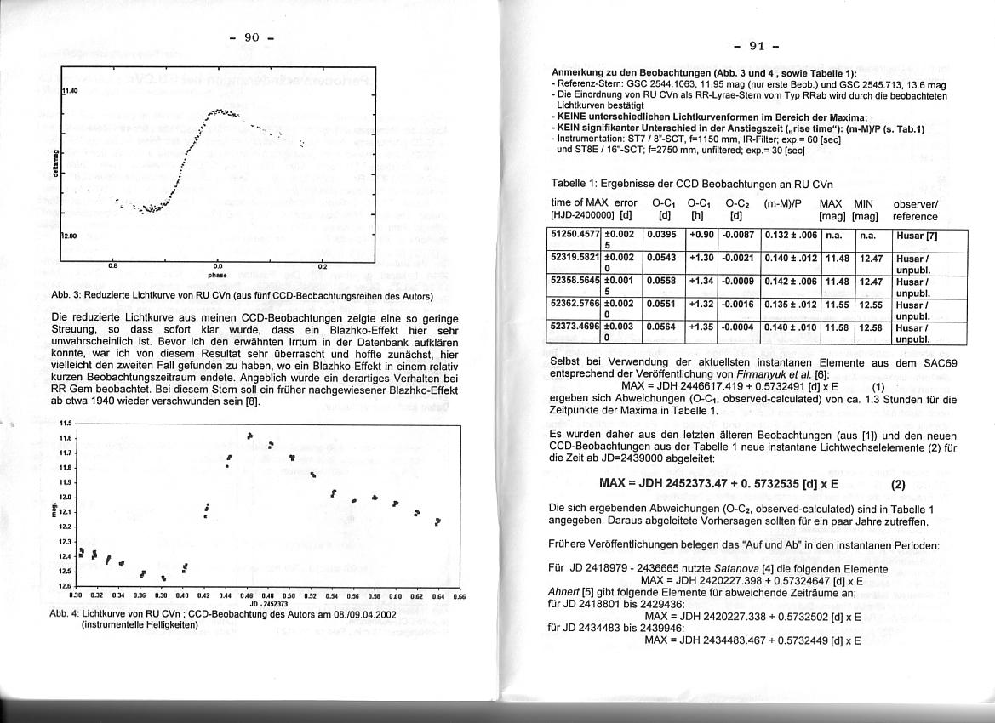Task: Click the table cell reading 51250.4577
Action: click(x=575, y=234)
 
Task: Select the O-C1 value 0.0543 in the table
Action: click(x=663, y=257)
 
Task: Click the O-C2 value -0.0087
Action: click(x=738, y=234)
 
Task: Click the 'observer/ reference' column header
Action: click(x=915, y=210)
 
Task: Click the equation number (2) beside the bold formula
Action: click(x=898, y=485)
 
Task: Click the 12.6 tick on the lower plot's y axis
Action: click(x=65, y=585)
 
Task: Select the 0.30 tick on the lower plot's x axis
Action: click(x=75, y=596)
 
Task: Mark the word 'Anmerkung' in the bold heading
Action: click(x=580, y=74)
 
